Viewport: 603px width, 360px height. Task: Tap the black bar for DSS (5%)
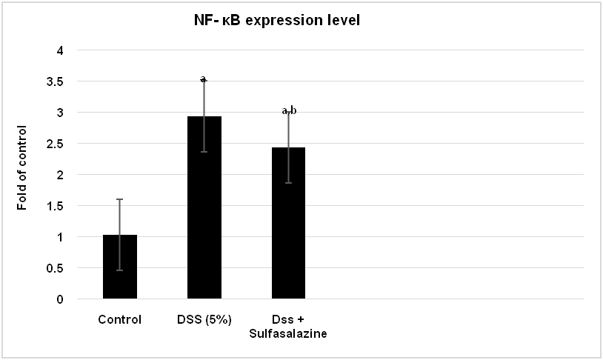pos(204,215)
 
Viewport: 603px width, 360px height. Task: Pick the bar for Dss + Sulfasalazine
pos(288,230)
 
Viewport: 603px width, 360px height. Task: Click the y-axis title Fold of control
pos(22,167)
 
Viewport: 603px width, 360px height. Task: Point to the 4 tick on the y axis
pos(60,50)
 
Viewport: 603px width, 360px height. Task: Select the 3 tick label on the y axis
pos(60,113)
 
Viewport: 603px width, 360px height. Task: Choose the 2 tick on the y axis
pos(60,175)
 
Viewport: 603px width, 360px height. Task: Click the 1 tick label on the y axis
pos(60,237)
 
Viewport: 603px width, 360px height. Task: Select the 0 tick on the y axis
pos(60,299)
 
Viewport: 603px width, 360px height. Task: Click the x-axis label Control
pos(119,320)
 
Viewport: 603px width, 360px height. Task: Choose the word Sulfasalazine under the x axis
pos(288,334)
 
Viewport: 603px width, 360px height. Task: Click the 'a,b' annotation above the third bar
pos(289,110)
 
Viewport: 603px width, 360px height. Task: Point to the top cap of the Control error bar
pos(119,199)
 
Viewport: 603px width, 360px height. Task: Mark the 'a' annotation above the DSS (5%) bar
pos(204,79)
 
